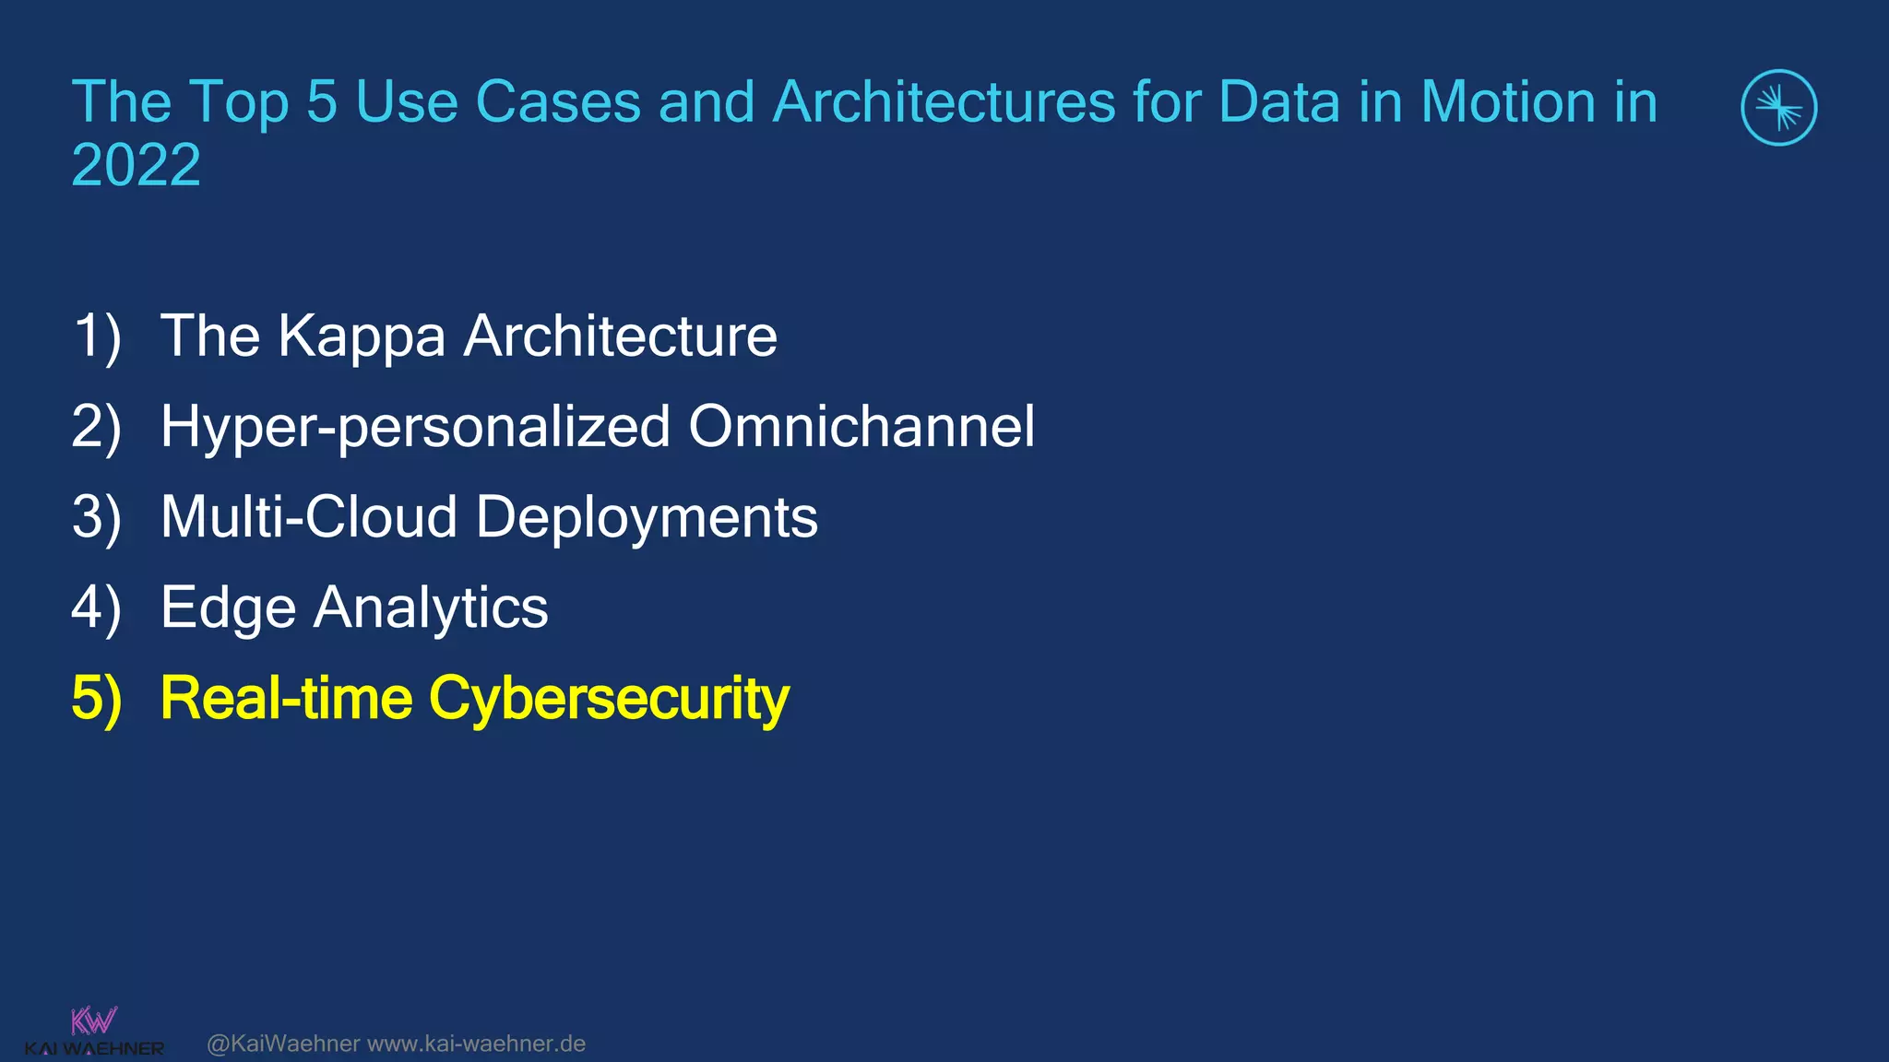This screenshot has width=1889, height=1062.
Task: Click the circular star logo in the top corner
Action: tap(1778, 108)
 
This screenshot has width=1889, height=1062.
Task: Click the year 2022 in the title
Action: tap(136, 165)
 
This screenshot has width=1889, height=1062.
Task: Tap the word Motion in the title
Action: tap(1507, 101)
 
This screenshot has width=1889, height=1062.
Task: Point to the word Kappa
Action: tap(362, 337)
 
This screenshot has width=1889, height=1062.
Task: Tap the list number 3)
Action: tap(97, 517)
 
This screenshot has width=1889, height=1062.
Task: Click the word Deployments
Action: tap(647, 518)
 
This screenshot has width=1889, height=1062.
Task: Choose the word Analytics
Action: tap(431, 608)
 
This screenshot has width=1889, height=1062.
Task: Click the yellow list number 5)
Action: tap(97, 698)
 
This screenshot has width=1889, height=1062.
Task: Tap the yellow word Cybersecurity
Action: tap(609, 700)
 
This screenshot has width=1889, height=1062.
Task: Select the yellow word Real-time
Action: tap(286, 698)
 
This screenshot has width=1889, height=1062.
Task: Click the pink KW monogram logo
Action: tap(94, 1021)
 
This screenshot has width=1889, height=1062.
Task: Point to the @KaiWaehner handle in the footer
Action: tap(283, 1044)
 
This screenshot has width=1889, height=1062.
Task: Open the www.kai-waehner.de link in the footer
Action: tap(476, 1044)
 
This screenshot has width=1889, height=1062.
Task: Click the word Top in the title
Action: tap(240, 103)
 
